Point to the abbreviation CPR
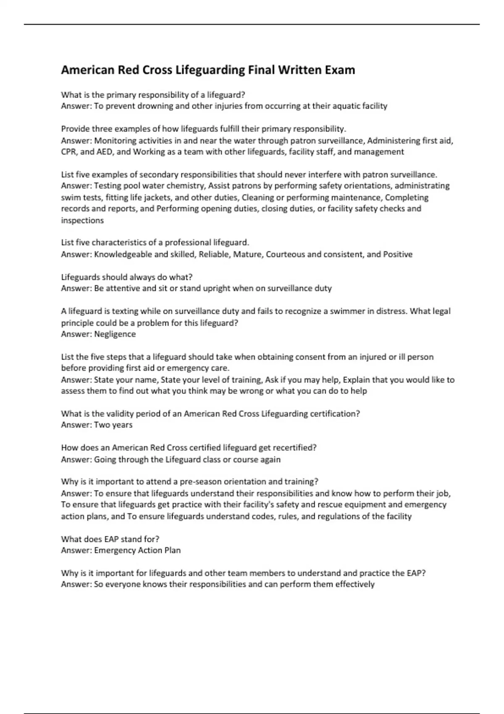pos(69,152)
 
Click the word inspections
pos(82,220)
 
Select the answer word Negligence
pos(115,334)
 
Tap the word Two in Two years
pos(102,425)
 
